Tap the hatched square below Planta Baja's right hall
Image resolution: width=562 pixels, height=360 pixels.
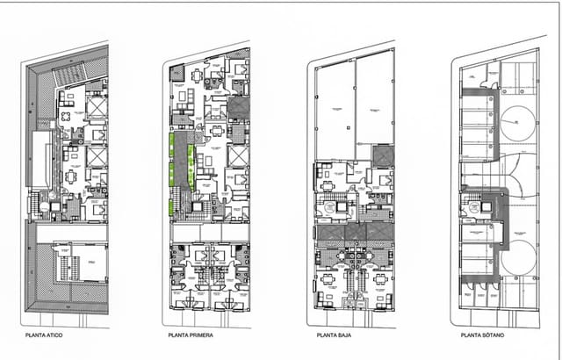tap(383, 155)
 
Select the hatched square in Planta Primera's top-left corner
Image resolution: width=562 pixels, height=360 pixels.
tap(176, 72)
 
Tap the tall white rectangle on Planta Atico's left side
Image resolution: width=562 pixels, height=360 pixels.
tap(40, 159)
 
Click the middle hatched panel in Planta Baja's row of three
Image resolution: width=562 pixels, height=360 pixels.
tap(357, 232)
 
